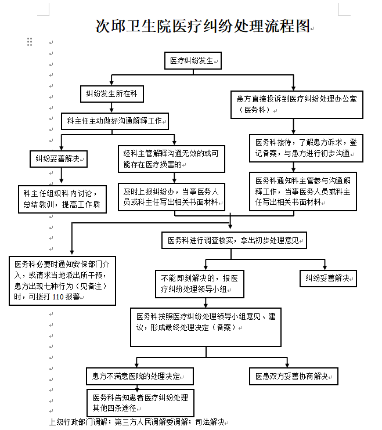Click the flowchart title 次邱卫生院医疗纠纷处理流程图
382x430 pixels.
(x=203, y=26)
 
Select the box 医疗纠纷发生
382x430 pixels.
(x=193, y=60)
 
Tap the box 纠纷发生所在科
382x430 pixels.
(x=112, y=94)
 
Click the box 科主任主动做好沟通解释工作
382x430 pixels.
(x=115, y=121)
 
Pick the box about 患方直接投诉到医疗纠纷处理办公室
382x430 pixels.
(x=297, y=105)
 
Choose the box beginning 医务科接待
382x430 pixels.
(x=307, y=148)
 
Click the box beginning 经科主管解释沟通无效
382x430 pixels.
(x=171, y=159)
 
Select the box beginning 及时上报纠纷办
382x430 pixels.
(x=171, y=197)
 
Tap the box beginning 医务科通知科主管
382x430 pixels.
(x=303, y=191)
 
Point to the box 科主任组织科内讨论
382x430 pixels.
(x=62, y=200)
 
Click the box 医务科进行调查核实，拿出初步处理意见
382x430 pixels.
(x=234, y=240)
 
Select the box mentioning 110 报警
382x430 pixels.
(x=62, y=281)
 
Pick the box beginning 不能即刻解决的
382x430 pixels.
(x=200, y=284)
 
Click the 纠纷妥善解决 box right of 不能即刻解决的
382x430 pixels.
(x=328, y=279)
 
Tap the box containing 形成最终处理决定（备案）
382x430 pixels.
(x=206, y=327)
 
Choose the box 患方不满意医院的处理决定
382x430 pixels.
(x=140, y=376)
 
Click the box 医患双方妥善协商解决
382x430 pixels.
(x=294, y=376)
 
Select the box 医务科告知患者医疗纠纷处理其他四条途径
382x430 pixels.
(x=140, y=403)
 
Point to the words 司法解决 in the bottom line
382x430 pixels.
(x=210, y=422)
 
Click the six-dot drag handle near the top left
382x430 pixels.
(x=30, y=42)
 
